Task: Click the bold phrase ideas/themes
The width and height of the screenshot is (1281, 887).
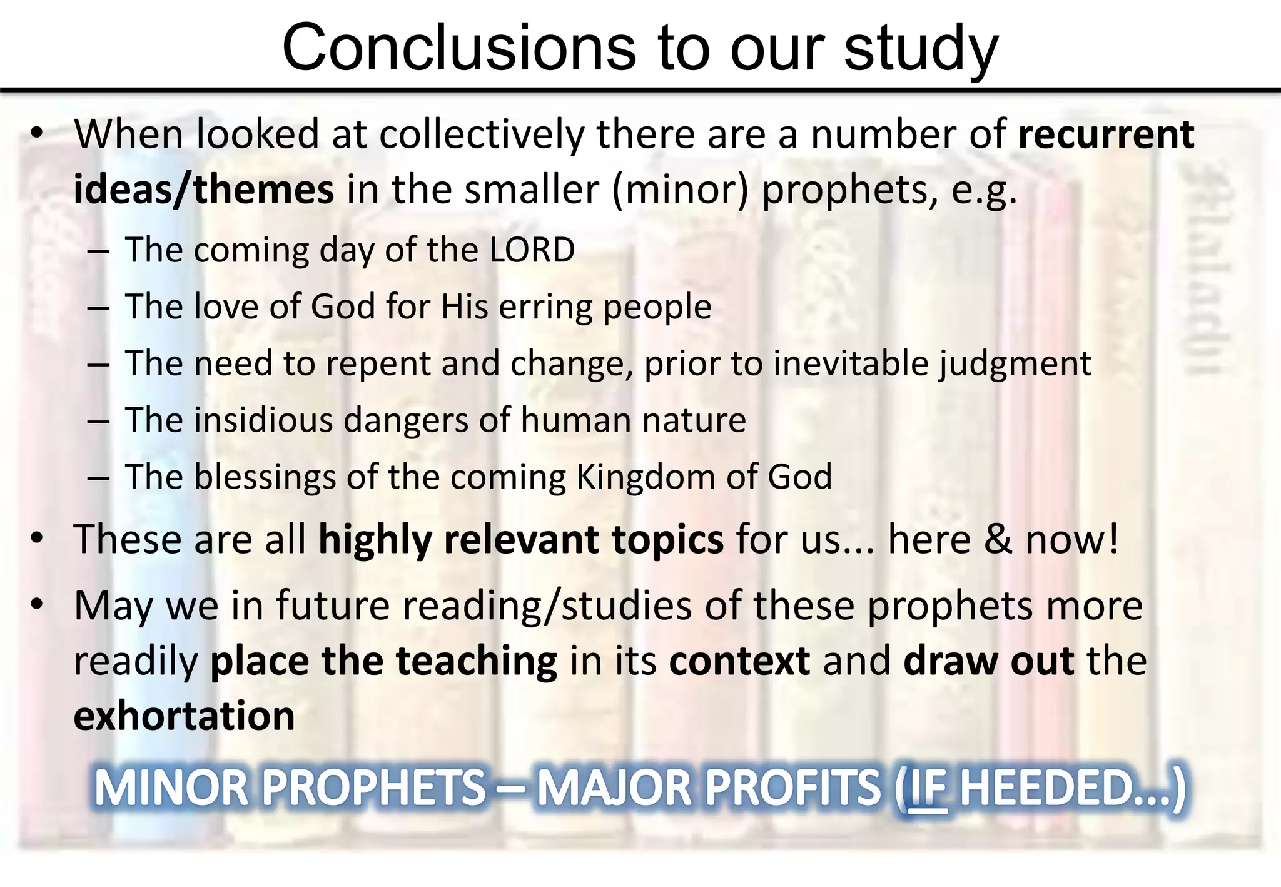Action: (x=204, y=190)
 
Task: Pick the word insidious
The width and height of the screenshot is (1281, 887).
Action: (x=263, y=420)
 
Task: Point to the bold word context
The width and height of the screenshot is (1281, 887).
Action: (x=739, y=661)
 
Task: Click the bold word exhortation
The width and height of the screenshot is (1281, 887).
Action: (x=185, y=716)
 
